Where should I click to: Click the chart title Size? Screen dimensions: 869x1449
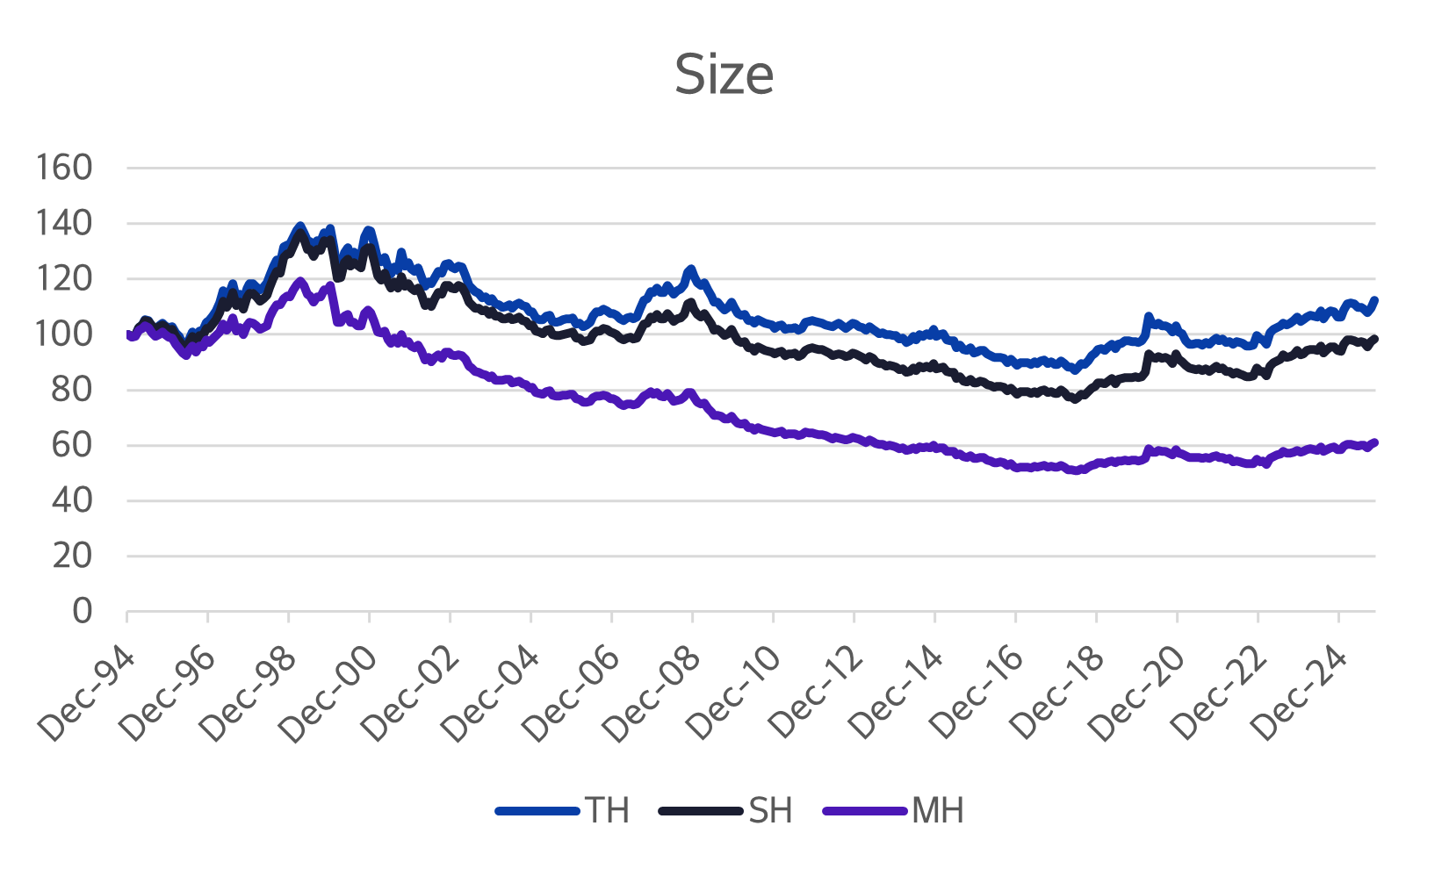coord(724,75)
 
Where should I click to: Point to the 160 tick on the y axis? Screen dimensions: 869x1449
coord(64,167)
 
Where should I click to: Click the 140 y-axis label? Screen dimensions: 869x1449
coord(64,223)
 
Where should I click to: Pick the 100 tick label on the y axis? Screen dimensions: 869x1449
coord(64,334)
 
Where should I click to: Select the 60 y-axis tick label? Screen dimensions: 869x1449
coord(72,445)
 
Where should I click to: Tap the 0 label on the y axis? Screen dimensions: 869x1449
coord(82,611)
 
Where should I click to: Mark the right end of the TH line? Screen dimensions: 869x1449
coord(1374,300)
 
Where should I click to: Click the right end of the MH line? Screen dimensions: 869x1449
coord(1374,442)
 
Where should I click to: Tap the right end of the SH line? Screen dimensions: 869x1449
coord(1374,339)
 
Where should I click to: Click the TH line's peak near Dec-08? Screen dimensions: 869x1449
coord(691,269)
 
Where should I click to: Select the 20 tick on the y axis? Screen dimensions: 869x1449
coord(72,556)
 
